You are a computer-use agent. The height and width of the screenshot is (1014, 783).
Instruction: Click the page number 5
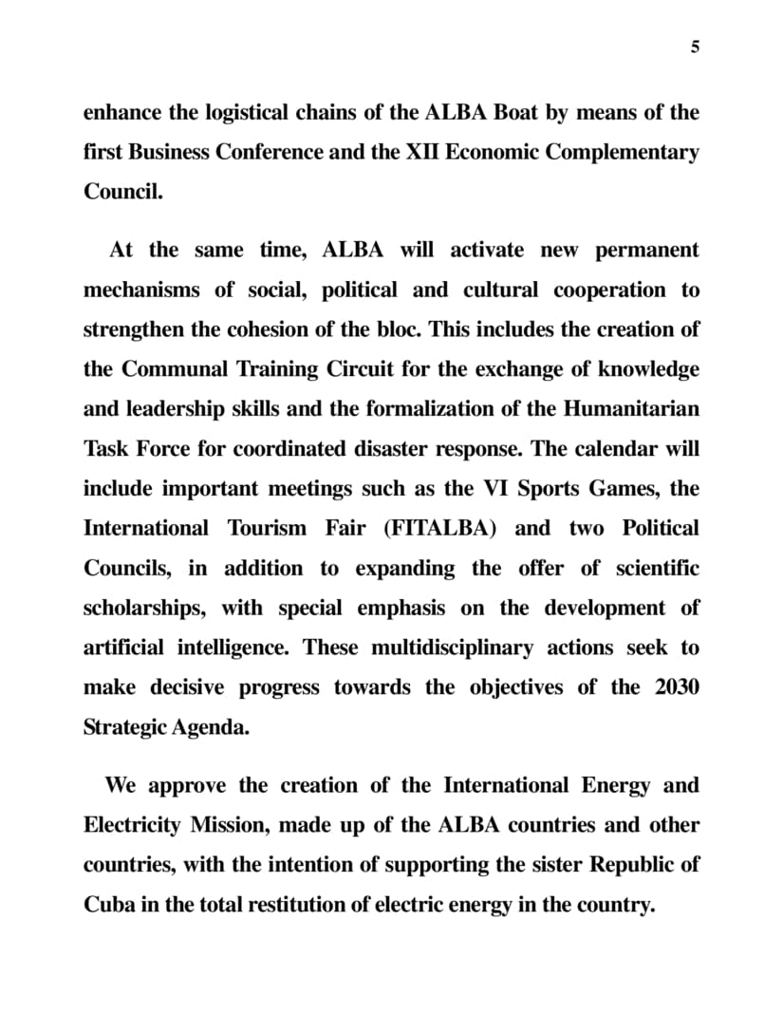point(695,47)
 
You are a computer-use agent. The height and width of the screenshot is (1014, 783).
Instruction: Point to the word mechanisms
point(141,291)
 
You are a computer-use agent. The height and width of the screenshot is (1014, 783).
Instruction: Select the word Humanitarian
point(631,409)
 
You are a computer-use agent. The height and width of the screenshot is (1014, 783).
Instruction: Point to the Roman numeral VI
point(496,489)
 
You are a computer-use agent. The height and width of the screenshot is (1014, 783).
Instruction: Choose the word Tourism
point(267,529)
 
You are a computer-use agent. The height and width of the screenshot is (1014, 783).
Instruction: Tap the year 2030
point(677,687)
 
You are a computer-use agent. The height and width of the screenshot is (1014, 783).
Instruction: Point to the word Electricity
point(131,825)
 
